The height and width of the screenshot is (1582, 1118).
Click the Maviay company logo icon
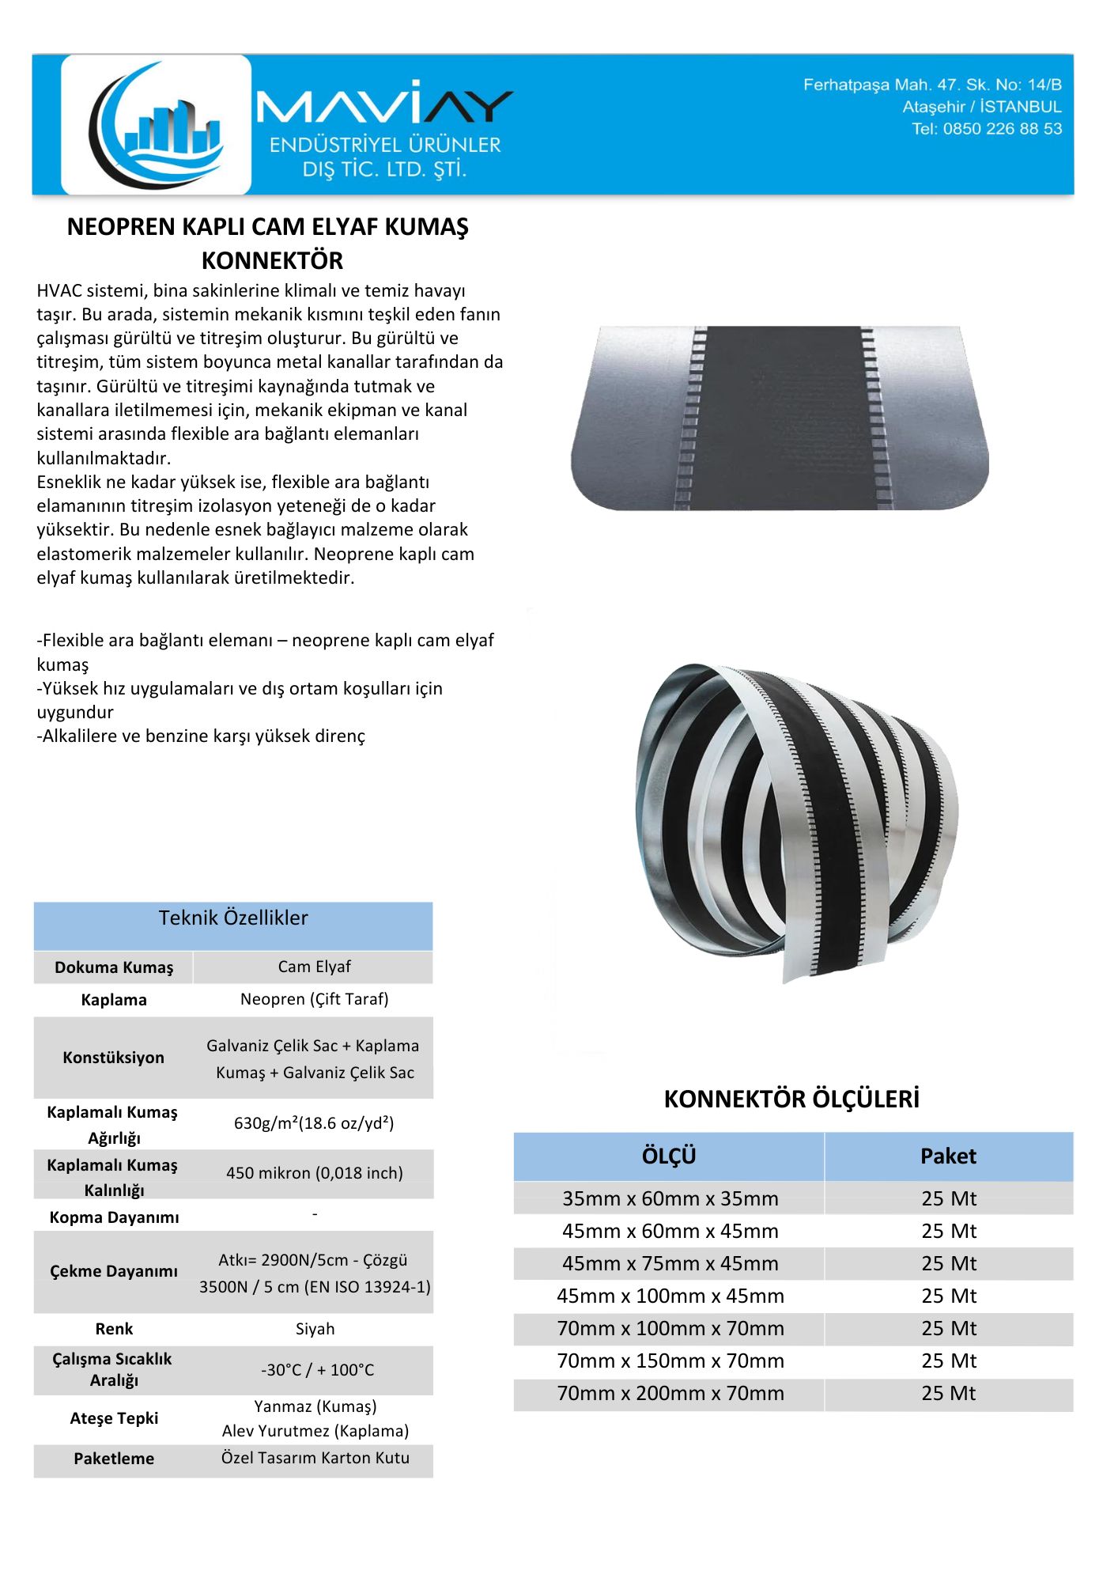157,125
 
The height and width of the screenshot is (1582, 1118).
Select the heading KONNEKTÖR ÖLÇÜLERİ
791,1099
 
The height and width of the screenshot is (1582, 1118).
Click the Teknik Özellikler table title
233,918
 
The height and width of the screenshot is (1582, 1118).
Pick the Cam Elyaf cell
314,967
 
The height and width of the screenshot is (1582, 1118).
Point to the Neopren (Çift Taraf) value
314,999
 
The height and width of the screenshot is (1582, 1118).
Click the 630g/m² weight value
314,1123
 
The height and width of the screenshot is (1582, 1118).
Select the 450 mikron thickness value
314,1173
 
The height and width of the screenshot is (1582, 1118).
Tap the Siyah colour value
315,1329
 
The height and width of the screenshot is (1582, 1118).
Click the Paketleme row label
114,1459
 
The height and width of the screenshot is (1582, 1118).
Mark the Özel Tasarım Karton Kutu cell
315,1458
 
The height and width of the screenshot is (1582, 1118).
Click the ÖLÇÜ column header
669,1156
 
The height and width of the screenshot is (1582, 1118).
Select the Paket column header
948,1156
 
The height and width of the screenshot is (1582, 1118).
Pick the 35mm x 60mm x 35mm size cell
670,1198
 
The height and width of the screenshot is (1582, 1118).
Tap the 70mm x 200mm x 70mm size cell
670,1393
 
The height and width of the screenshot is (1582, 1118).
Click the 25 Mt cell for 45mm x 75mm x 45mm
948,1263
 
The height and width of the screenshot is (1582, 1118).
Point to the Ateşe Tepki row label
114,1418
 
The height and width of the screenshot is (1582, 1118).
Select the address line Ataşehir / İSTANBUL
982,107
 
